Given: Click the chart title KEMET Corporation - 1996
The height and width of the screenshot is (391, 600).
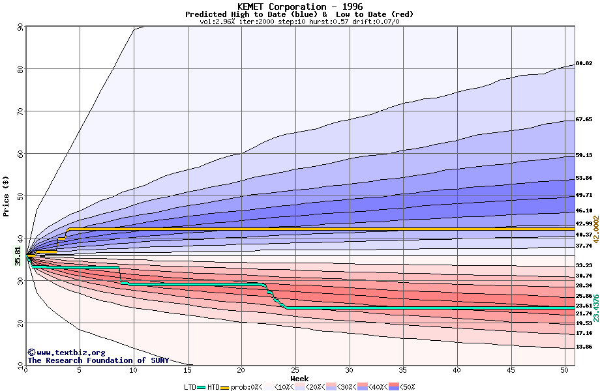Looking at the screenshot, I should pos(299,7).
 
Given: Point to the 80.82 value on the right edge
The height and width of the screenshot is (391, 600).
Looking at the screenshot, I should pos(584,64).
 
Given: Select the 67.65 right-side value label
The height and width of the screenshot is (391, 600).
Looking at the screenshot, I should pos(584,120).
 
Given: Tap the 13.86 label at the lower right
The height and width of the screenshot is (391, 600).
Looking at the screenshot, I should pos(584,347).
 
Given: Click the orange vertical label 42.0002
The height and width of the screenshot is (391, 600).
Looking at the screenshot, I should pos(595,229).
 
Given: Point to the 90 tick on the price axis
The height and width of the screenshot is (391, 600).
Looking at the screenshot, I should pos(21,27).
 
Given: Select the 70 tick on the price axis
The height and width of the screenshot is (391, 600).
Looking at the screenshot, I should pos(21,111).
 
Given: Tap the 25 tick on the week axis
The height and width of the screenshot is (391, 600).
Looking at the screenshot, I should pos(295,371).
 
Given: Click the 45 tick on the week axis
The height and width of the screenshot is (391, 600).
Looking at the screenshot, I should pos(511,371).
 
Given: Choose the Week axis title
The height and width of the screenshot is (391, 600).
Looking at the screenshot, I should pos(299,378).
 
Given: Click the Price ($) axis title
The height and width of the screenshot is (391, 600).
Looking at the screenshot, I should pos(7,195).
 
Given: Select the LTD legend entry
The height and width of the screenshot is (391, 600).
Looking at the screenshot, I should pos(190,386).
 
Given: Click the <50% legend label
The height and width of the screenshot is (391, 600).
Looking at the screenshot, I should pos(406,386).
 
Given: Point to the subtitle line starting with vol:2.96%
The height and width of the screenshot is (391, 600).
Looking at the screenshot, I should pos(299,22).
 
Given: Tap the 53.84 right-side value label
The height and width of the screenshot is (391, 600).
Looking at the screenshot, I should pos(584,179).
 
